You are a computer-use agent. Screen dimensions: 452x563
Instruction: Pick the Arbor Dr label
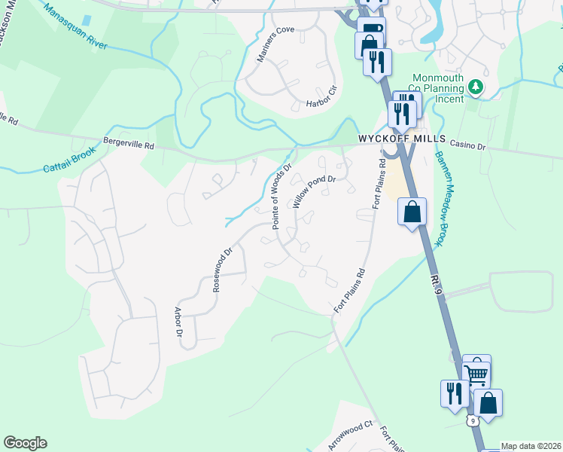[179, 321]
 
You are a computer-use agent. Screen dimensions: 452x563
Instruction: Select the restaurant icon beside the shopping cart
[455, 394]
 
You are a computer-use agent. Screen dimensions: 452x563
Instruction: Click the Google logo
[25, 443]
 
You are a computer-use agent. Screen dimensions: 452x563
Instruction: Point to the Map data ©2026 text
[531, 446]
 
